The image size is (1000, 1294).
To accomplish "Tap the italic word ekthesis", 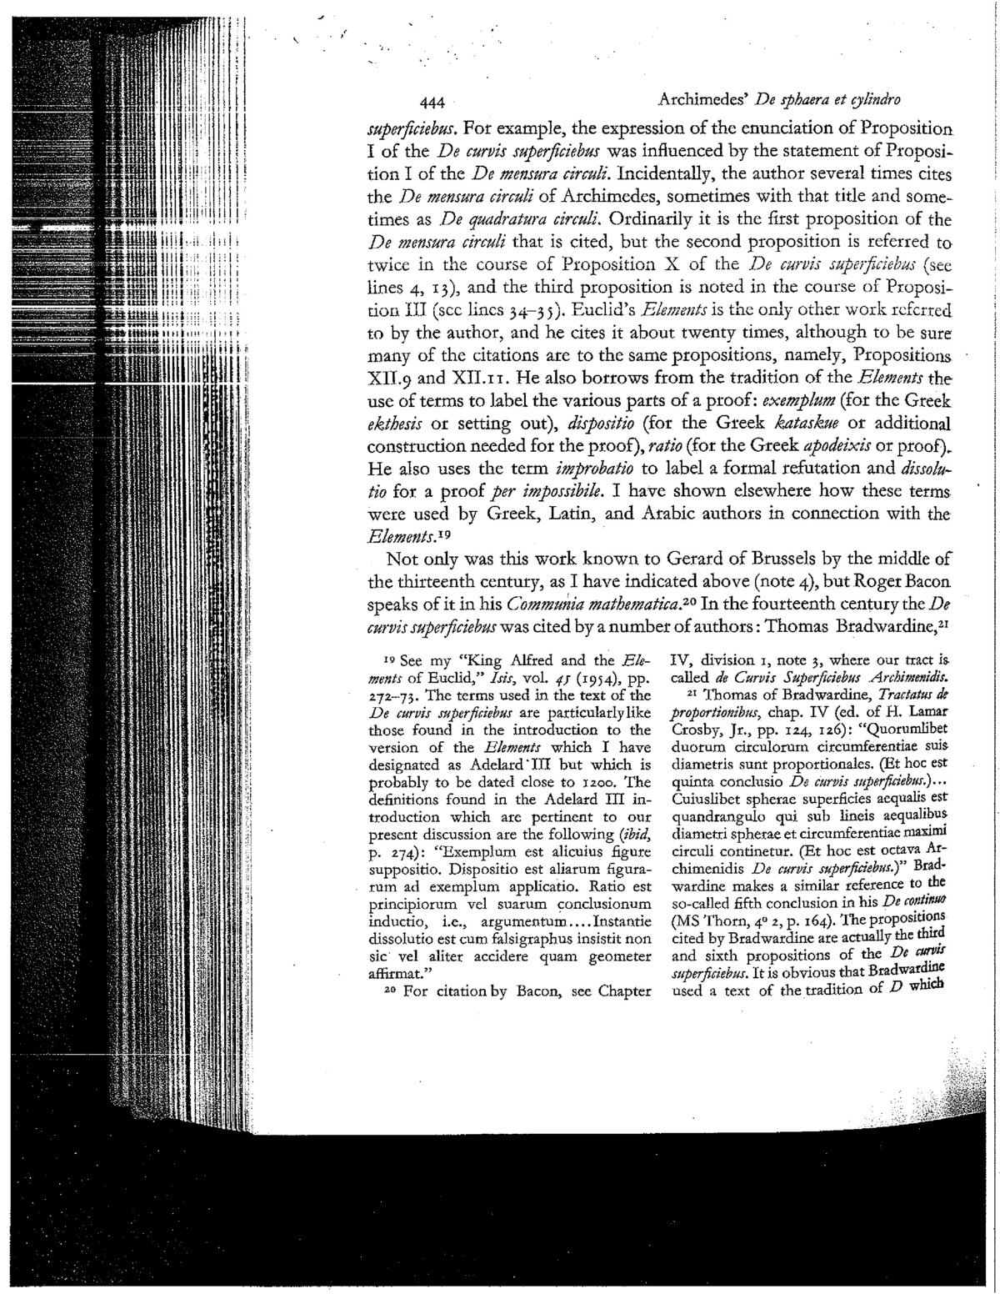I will coord(398,422).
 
